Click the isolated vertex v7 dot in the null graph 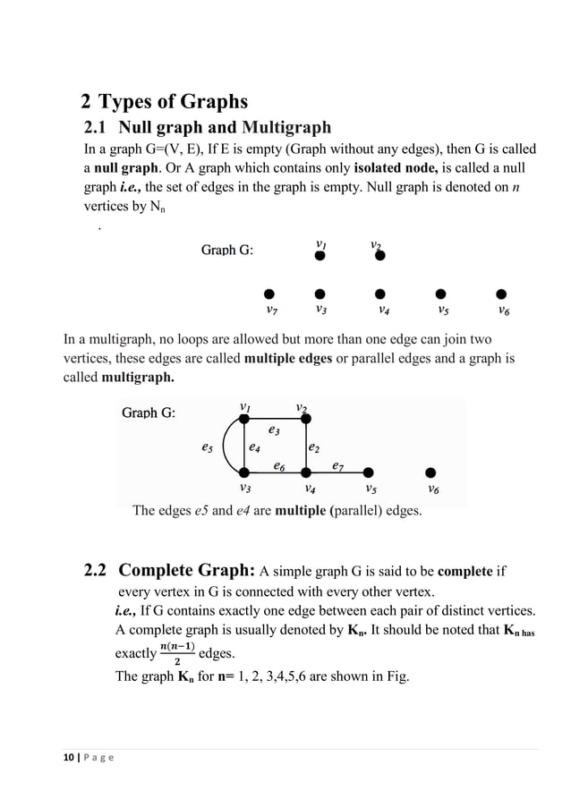coord(268,293)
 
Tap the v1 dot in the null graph coord(320,256)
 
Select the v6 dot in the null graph coord(501,293)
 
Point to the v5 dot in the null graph coord(439,293)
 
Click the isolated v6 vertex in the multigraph coord(431,472)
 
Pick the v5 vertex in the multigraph coord(369,472)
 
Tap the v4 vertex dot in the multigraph coord(305,472)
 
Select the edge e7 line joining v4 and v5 coord(337,472)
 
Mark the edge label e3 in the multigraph coord(275,431)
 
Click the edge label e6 coord(279,465)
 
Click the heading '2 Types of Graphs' coord(164,101)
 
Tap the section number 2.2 coord(95,570)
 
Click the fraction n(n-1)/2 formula coord(177,653)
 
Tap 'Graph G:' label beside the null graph coord(226,250)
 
